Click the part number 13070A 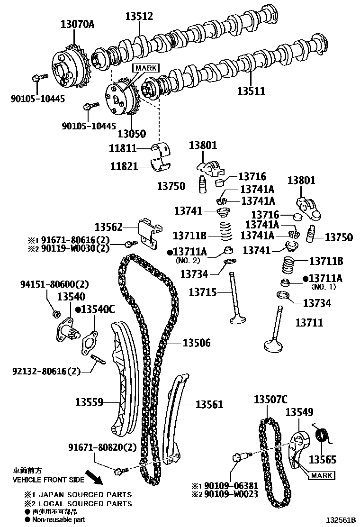point(77,24)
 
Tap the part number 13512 point(139,17)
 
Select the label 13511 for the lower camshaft point(252,91)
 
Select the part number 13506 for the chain point(197,342)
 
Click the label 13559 point(89,402)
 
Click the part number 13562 point(108,227)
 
